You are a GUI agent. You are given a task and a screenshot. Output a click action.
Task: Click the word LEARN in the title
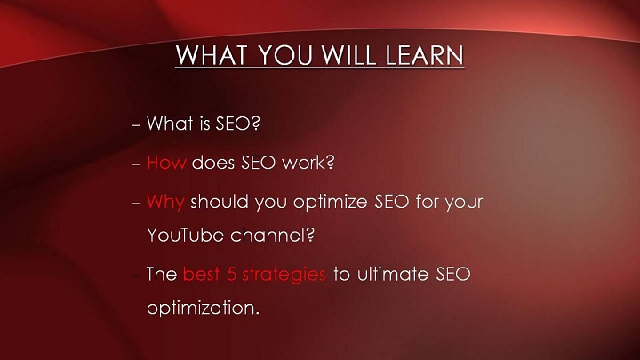tap(425, 55)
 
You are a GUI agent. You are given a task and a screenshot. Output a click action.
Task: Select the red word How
tap(166, 163)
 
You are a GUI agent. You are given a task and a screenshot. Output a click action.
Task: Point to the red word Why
tap(165, 203)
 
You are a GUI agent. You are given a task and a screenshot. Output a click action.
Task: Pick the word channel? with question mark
tap(272, 235)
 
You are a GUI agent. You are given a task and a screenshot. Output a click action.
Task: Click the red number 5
tap(231, 274)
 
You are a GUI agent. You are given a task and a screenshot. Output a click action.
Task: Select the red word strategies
tap(284, 275)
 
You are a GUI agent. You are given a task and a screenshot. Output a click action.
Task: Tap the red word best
tap(201, 274)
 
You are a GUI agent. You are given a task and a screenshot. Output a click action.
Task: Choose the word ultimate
tap(393, 274)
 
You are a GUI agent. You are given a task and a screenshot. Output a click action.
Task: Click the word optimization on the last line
tap(203, 308)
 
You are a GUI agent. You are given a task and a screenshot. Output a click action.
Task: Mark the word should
tap(220, 202)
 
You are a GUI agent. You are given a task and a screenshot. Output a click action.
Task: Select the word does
tap(213, 163)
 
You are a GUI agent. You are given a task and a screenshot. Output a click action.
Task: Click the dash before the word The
tap(136, 276)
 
